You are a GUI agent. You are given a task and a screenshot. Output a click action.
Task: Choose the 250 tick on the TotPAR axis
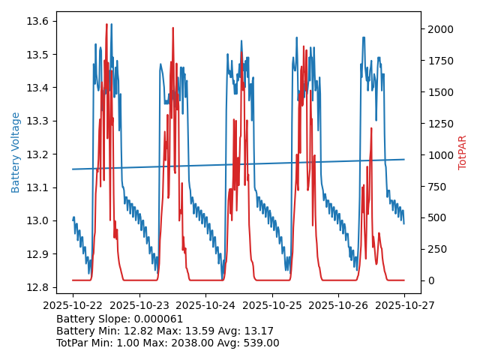coord(436,249)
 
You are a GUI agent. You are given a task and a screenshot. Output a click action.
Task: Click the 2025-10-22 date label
coord(73,305)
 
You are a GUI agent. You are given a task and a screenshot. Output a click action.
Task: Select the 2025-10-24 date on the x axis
coord(205,305)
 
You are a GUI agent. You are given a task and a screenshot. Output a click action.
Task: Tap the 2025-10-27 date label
coord(404,305)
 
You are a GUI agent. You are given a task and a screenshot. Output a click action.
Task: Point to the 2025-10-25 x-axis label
coord(271,305)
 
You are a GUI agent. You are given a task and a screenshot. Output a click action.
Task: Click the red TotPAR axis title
coord(462,152)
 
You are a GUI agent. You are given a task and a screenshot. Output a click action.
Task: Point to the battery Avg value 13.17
coord(259,331)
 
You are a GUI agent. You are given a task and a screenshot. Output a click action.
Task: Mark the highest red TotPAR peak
coord(107,25)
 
